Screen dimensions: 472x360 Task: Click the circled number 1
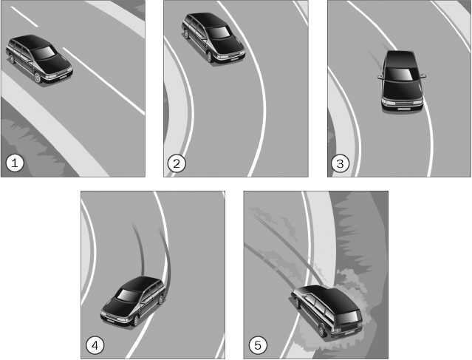point(15,163)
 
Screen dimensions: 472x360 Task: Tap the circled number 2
point(177,163)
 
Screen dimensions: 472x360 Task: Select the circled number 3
point(340,163)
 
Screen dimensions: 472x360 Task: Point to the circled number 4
point(95,345)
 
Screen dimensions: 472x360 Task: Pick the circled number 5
point(258,345)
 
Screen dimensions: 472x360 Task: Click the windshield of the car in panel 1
point(44,53)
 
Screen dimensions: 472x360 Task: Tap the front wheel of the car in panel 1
point(38,78)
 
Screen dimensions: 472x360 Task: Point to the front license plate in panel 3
point(404,109)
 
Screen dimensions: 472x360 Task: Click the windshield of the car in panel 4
point(129,295)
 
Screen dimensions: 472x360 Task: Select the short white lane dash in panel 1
point(24,17)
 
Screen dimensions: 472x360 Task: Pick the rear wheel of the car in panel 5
point(322,330)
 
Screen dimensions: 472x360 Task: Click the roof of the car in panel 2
point(205,19)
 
